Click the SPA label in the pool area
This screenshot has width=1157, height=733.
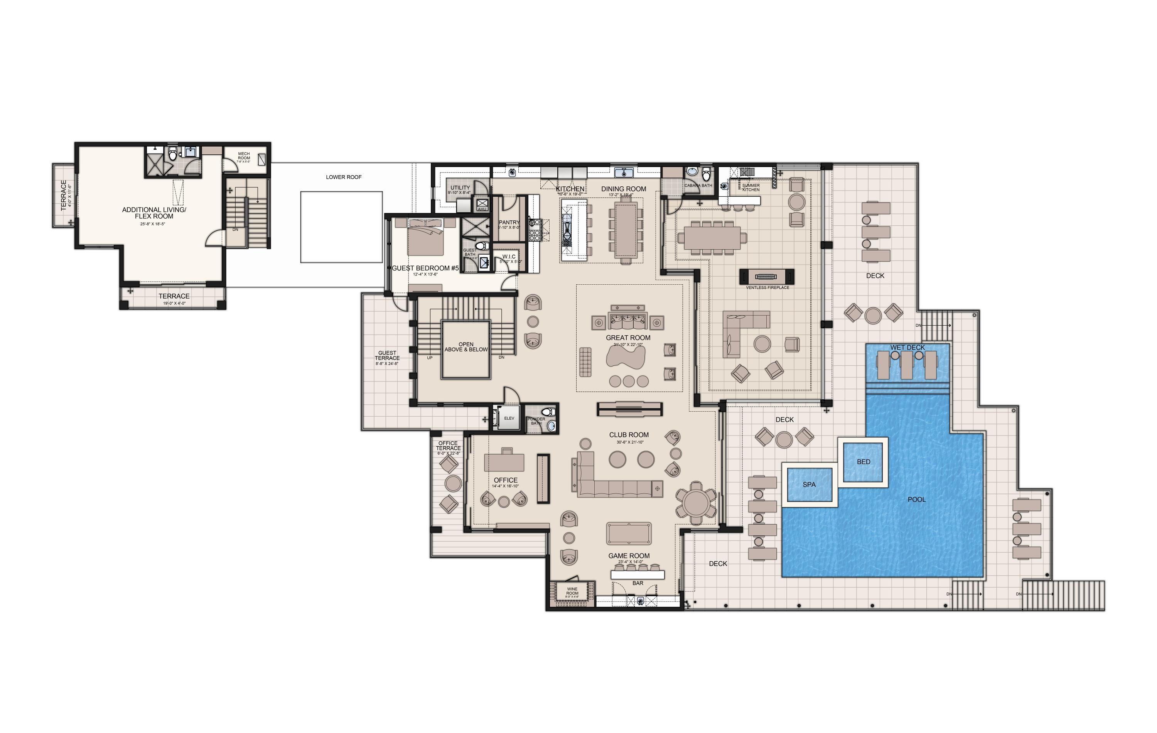pyautogui.click(x=809, y=485)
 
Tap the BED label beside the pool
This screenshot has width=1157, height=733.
pyautogui.click(x=864, y=462)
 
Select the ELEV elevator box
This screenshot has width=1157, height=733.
pyautogui.click(x=509, y=418)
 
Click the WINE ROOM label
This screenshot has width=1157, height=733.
pyautogui.click(x=572, y=591)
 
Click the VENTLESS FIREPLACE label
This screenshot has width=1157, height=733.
pyautogui.click(x=767, y=287)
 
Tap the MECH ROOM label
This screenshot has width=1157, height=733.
pyautogui.click(x=244, y=156)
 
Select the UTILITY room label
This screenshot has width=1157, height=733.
pyautogui.click(x=460, y=188)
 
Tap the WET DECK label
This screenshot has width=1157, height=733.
pyautogui.click(x=907, y=348)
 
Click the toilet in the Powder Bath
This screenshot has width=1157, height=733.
pyautogui.click(x=547, y=412)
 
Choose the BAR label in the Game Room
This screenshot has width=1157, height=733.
pyautogui.click(x=638, y=583)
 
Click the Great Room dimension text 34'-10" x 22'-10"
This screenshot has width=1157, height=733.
pyautogui.click(x=628, y=345)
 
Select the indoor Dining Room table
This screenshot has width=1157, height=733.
pyautogui.click(x=626, y=230)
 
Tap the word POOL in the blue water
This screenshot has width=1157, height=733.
pyautogui.click(x=916, y=499)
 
